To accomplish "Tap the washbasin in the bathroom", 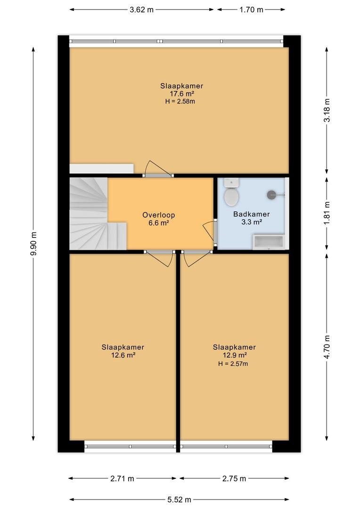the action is click(269, 241).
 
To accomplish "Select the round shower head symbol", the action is click(271, 195).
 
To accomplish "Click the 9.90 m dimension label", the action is click(33, 244).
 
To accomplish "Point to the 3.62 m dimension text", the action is click(141, 10).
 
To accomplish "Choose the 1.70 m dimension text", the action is click(251, 10).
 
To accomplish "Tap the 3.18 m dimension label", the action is click(327, 110).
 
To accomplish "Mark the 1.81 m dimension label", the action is click(327, 213).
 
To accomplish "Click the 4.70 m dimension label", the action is click(327, 347).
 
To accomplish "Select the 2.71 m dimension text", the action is click(122, 478).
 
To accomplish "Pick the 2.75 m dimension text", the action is click(234, 478).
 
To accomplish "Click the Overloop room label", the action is click(159, 215).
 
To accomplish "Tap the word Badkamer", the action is click(252, 214).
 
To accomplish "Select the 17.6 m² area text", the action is click(182, 94).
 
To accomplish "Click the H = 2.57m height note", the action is click(233, 364).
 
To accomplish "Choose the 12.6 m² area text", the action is click(123, 355).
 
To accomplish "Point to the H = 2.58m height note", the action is click(180, 101).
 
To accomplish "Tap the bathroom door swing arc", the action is click(208, 231).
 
